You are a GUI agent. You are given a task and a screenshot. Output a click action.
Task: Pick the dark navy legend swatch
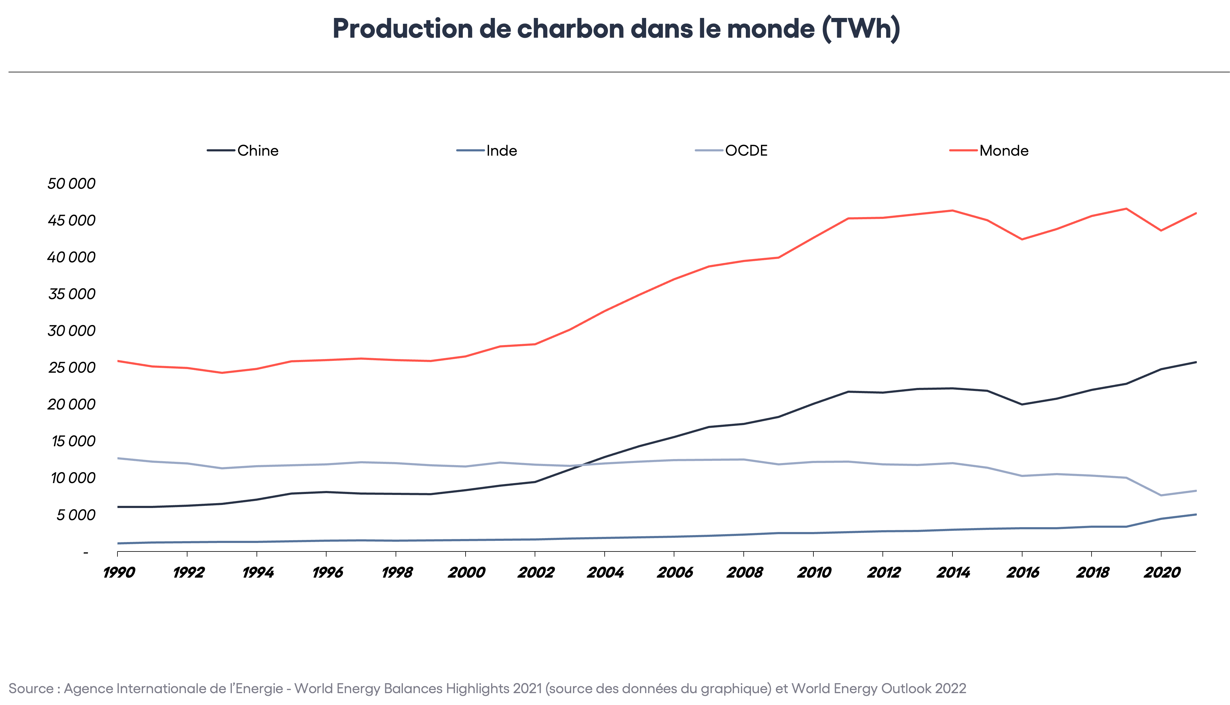221,150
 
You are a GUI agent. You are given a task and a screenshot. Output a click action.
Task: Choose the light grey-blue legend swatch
709,150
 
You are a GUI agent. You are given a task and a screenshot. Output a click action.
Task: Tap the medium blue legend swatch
470,150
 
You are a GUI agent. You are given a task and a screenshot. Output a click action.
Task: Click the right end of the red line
1196,213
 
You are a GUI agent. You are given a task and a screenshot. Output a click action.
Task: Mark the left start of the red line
118,361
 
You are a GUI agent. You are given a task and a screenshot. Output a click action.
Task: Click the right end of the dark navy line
1196,362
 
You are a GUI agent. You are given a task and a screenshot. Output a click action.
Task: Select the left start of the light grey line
118,458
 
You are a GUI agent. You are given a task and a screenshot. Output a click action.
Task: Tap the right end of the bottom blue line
1196,514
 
